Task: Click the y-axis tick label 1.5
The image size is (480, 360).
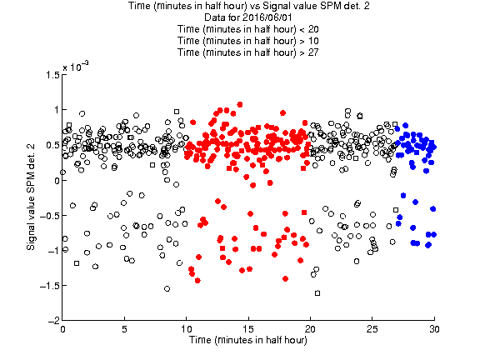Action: tap(52, 75)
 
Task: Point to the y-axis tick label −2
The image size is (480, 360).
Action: tap(53, 321)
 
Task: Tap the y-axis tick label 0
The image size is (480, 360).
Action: tap(57, 180)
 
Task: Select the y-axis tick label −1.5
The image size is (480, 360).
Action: tap(49, 286)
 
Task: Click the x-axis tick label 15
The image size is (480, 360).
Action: tap(248, 329)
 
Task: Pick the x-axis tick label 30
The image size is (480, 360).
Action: tap(434, 329)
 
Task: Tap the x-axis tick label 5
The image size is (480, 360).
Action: tap(124, 329)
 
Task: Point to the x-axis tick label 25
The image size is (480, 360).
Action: tap(372, 329)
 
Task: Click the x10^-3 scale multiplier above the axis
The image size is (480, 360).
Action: tap(76, 67)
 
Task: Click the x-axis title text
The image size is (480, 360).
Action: tap(248, 340)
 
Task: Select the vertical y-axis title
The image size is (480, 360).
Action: tap(31, 197)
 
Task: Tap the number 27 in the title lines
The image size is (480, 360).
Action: tap(313, 52)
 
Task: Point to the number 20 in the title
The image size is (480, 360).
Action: tap(313, 29)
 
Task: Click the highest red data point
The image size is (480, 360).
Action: tap(240, 105)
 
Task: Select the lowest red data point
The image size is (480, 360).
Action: tap(197, 280)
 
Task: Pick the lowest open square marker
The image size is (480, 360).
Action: tap(317, 293)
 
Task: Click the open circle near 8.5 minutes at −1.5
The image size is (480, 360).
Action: tap(167, 288)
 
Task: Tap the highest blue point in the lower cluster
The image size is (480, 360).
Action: tap(403, 196)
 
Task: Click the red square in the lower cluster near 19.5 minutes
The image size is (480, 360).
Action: tap(304, 212)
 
